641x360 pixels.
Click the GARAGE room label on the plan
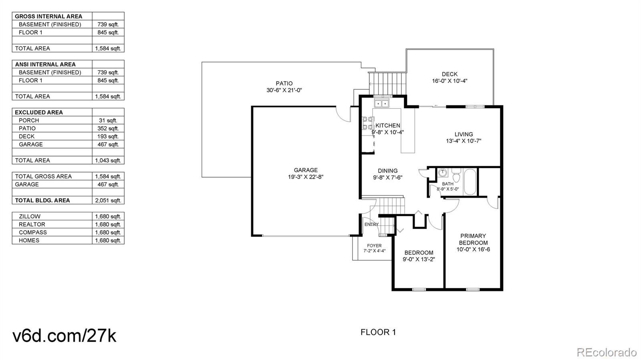point(306,170)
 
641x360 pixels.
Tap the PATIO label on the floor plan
point(284,84)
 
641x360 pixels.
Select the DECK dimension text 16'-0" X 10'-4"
point(450,81)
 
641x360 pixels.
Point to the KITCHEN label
point(388,125)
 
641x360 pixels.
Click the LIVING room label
point(464,134)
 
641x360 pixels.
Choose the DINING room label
point(388,171)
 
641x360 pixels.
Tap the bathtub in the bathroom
point(470,182)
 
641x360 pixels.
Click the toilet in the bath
point(456,175)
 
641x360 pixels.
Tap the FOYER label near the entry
point(374,245)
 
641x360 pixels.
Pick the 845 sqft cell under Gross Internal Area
point(108,32)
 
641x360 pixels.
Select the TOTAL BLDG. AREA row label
point(42,201)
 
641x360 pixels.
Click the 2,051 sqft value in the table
point(108,201)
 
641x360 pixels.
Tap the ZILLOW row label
point(30,217)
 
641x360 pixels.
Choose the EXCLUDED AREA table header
point(39,113)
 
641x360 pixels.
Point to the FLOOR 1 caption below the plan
point(378,332)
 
